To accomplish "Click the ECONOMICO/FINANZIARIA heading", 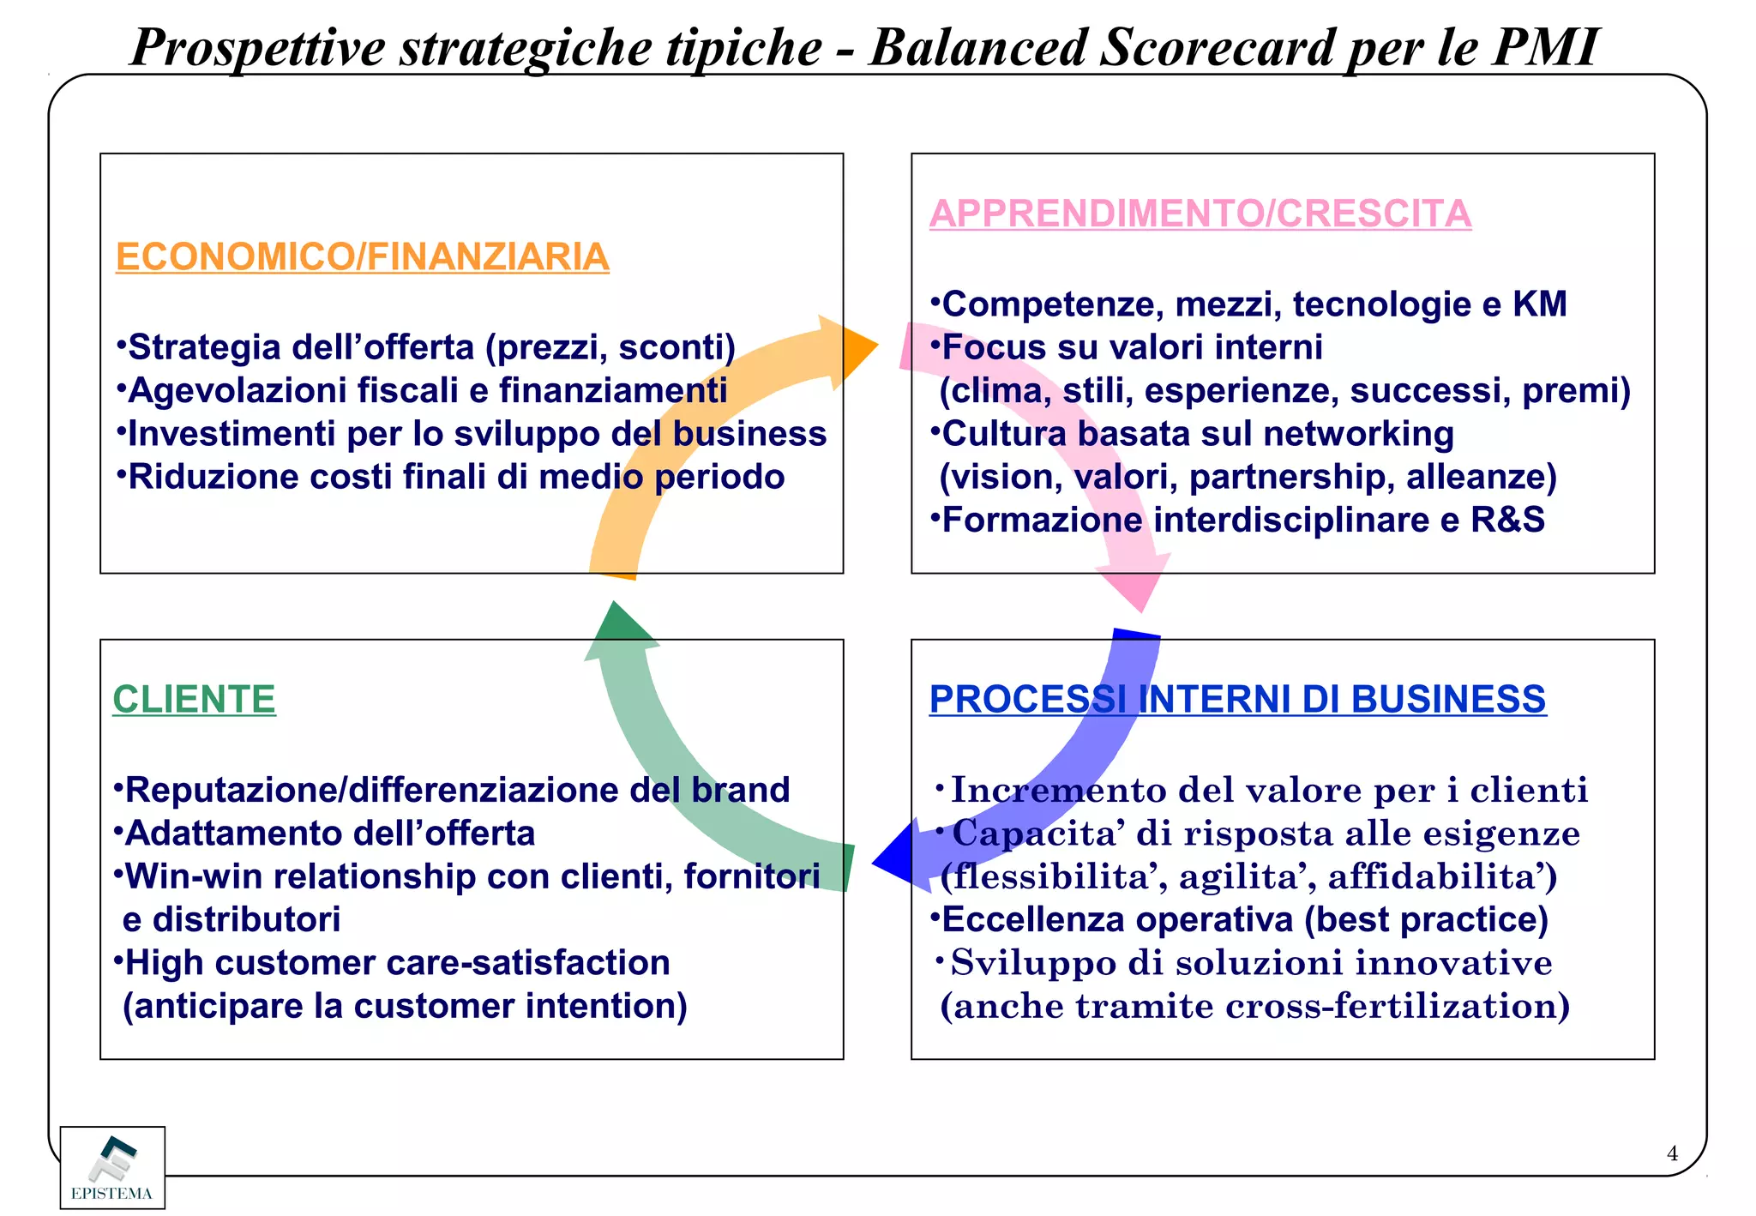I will tap(362, 257).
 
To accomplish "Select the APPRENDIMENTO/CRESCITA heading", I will tap(1200, 214).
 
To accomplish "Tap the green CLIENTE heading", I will tap(194, 700).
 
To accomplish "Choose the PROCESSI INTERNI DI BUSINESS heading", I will tap(1237, 700).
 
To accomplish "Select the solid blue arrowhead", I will tap(895, 859).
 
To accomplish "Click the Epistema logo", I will tap(112, 1167).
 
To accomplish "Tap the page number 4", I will tap(1671, 1154).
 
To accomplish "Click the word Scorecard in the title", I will tap(1217, 48).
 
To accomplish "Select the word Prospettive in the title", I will tap(258, 48).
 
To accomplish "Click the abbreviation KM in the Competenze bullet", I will tap(1540, 304).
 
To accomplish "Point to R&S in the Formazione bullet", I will tap(1507, 521).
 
